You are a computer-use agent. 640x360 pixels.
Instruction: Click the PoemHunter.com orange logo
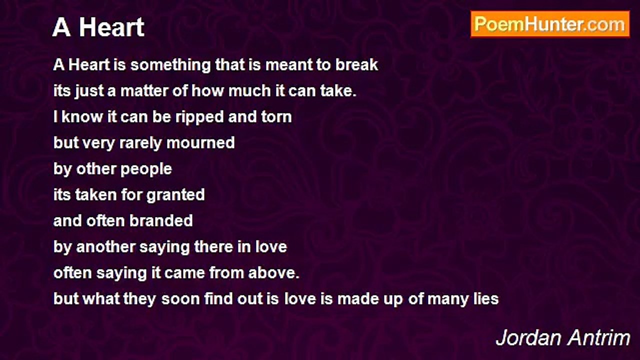[550, 24]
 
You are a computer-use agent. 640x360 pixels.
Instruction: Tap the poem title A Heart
[98, 27]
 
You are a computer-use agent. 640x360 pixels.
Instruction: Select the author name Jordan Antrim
[563, 338]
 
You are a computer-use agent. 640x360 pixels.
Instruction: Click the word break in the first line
[356, 64]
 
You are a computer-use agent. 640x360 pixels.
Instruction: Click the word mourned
[200, 142]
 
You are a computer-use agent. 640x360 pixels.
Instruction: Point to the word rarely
[140, 143]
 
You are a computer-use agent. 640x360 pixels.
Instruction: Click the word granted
[175, 195]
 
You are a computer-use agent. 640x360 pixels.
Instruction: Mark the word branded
[161, 221]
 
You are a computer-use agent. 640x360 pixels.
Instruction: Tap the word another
[105, 247]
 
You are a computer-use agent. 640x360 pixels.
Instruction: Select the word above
[273, 273]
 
